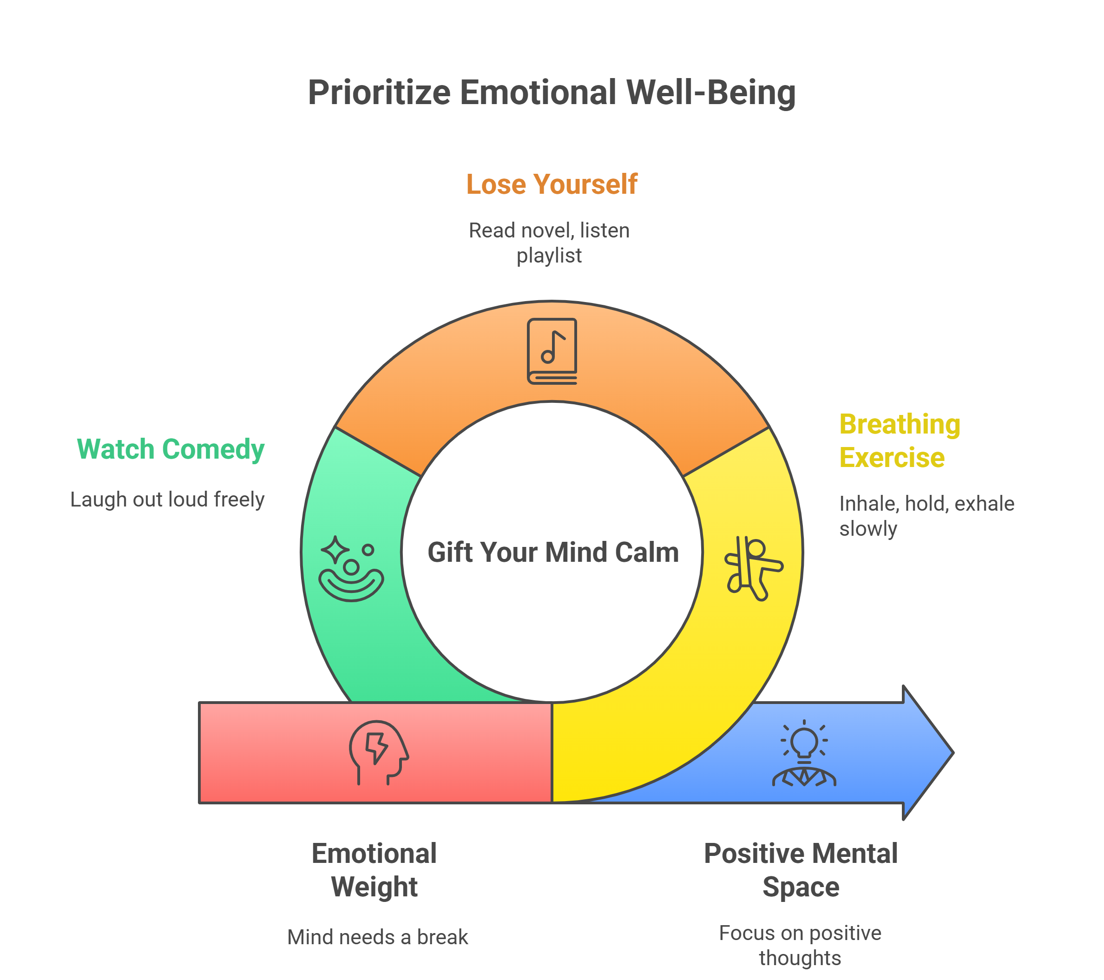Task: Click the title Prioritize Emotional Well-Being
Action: [552, 92]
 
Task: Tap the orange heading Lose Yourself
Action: [552, 184]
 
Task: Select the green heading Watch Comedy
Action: [171, 449]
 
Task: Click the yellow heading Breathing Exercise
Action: [899, 441]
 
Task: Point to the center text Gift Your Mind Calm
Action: [552, 552]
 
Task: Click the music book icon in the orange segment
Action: [552, 351]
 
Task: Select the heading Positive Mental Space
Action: [801, 870]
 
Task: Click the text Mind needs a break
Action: [378, 937]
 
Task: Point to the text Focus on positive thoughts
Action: [800, 946]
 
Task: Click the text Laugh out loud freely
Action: [167, 499]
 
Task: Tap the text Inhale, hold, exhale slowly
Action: [927, 516]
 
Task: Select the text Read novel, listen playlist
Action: [549, 243]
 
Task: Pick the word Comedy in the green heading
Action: [213, 449]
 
